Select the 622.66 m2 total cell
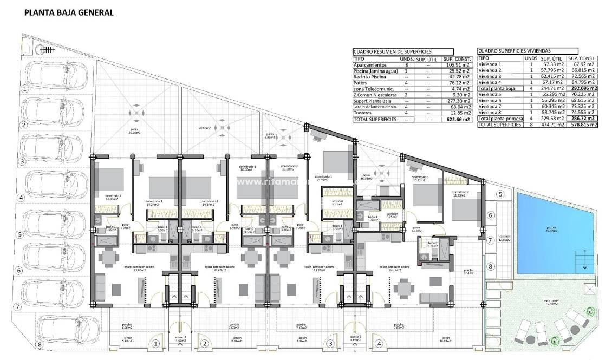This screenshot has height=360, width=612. pos(457,120)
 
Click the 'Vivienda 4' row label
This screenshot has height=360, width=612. pos(490,82)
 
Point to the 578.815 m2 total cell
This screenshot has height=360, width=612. pos(582,125)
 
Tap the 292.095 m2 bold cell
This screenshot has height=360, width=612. pos(582,88)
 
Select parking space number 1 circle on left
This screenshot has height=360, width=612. pos(23,88)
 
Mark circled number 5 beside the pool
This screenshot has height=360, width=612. pos(500,194)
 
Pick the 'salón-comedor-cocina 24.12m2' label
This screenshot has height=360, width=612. pos(394,269)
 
